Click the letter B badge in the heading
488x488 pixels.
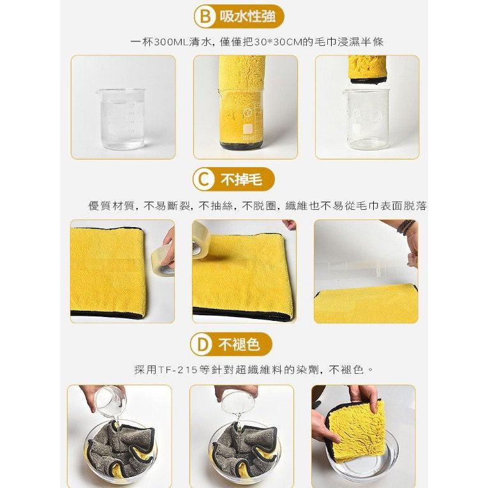[205, 16]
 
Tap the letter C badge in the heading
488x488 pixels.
[204, 180]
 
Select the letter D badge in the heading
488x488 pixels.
[202, 344]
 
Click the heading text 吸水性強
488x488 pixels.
[248, 16]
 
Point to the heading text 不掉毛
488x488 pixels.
[242, 180]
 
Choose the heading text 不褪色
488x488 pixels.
[239, 344]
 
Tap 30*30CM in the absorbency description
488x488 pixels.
[279, 41]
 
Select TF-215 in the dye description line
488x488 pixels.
[178, 370]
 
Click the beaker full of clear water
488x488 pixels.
[121, 118]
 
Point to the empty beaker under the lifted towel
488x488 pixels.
[366, 120]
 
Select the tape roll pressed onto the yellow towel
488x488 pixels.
[201, 240]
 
